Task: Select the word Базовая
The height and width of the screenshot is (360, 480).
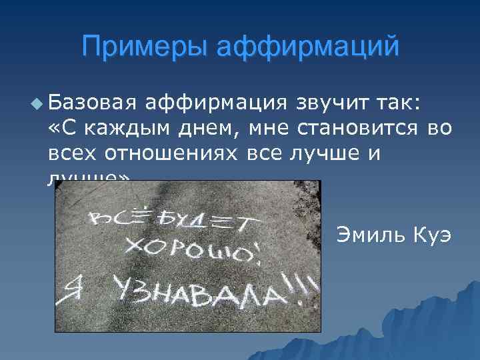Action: click(x=93, y=102)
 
